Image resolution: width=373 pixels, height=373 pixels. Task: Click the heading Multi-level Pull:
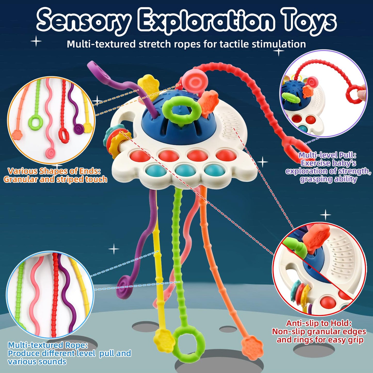328,155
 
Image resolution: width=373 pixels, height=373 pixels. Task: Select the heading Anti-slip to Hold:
319,323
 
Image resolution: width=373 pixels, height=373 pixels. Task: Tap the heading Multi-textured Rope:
48,345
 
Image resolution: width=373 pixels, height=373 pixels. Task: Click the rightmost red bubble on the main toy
225,155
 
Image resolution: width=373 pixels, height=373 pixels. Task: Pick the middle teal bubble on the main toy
185,170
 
